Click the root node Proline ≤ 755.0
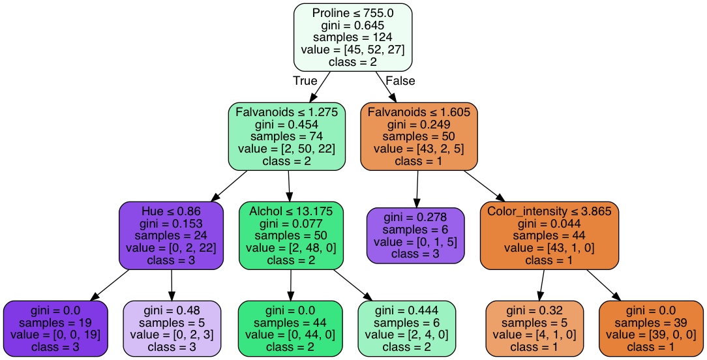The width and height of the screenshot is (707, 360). [x=353, y=37]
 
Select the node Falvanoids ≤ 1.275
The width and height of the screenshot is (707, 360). [x=286, y=136]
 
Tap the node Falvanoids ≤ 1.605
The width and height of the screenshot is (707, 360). [x=419, y=136]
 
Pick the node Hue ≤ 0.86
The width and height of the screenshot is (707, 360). [x=171, y=235]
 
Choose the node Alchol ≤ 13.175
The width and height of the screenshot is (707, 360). [x=291, y=235]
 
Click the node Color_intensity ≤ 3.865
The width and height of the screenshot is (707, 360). [x=549, y=235]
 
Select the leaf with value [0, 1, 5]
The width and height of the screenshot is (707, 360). [x=415, y=235]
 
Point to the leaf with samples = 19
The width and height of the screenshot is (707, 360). [x=55, y=328]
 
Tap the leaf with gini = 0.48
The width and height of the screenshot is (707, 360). [x=172, y=328]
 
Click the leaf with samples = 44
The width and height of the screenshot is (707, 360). [x=290, y=328]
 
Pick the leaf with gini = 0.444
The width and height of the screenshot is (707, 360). [x=407, y=328]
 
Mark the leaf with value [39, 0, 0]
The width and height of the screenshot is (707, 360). [x=650, y=328]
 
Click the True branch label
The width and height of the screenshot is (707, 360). [x=305, y=81]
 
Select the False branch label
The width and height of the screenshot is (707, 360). [x=400, y=81]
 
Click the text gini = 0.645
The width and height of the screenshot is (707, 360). [x=353, y=25]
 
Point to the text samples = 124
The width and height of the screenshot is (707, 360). [x=353, y=37]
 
